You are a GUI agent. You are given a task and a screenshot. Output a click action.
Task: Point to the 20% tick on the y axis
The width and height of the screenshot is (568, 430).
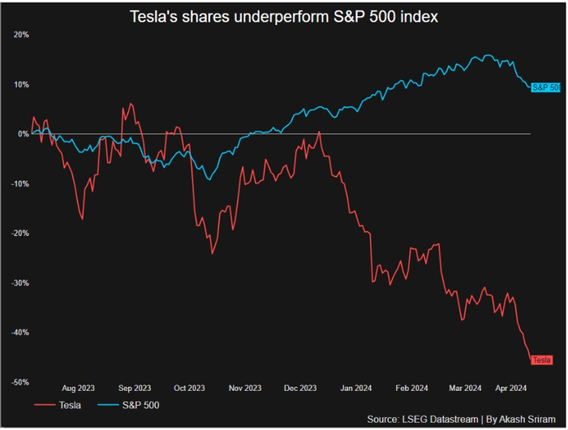[x=21, y=35]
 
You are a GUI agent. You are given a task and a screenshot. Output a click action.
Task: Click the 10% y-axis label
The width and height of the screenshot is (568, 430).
[x=21, y=84]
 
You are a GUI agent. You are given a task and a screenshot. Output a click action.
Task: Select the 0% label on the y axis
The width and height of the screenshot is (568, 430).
[x=24, y=134]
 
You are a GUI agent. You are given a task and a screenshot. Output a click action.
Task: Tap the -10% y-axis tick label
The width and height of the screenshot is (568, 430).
[x=20, y=183]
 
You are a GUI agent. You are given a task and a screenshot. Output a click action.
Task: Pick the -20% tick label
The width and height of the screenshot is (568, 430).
[x=20, y=233]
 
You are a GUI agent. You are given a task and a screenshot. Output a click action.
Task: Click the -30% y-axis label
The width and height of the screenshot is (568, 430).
[x=20, y=282]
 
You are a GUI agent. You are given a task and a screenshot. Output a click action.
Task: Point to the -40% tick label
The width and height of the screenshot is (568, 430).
[x=20, y=332]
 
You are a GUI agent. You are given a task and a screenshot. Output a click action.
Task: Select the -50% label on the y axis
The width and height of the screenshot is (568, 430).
[x=20, y=381]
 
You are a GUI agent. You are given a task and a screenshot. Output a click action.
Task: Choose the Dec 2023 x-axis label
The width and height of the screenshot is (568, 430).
[x=300, y=388]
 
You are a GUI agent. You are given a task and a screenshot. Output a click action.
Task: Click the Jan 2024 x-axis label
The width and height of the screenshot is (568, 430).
[x=357, y=388]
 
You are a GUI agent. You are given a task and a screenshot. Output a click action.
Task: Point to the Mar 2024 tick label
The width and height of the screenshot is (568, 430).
[x=466, y=388]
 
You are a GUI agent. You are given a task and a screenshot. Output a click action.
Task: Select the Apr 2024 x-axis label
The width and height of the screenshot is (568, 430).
[x=511, y=388]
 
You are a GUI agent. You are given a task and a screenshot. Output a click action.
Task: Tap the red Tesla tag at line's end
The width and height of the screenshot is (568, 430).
[x=541, y=359]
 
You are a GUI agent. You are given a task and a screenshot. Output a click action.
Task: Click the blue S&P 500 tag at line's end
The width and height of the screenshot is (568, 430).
[x=545, y=87]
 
